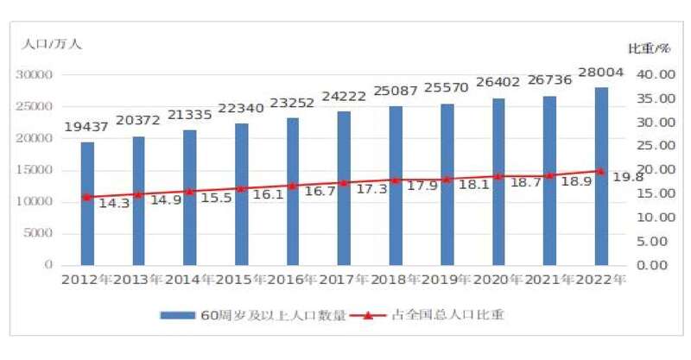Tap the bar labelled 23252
293,191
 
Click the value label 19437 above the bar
86,127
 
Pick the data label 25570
447,89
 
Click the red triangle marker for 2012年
87,197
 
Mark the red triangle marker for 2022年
601,171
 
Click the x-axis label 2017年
343,280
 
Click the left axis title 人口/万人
52,43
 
